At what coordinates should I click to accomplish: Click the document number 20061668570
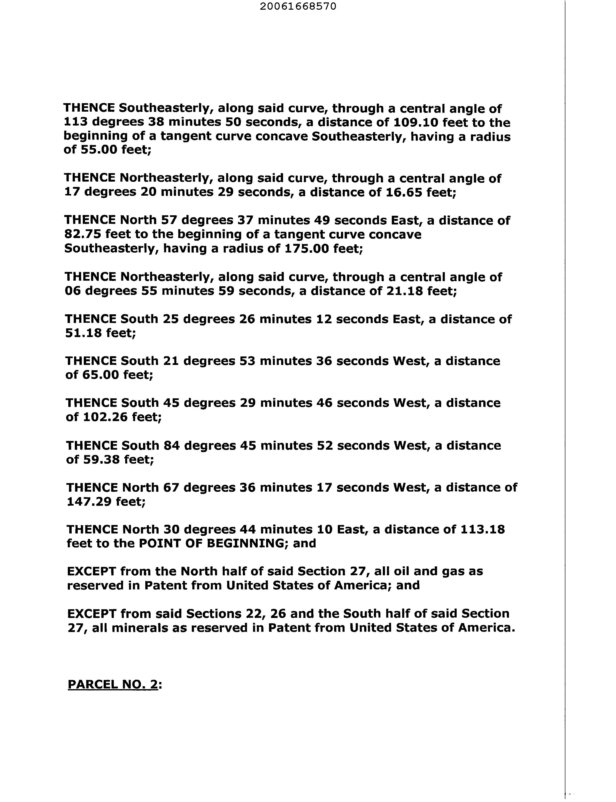pos(298,7)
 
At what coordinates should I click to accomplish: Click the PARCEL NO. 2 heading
pos(114,684)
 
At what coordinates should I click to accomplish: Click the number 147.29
pos(89,501)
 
